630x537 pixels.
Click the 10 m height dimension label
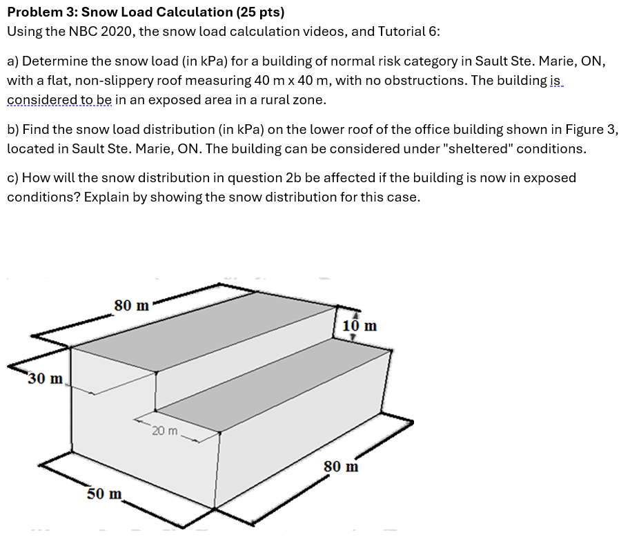[x=360, y=325]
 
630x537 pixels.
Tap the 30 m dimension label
[x=46, y=378]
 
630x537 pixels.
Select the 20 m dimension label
[x=166, y=431]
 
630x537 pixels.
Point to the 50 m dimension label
[x=104, y=494]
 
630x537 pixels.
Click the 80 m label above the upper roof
[x=132, y=305]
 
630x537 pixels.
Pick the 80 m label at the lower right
[x=342, y=467]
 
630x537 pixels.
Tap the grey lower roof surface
[x=276, y=387]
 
